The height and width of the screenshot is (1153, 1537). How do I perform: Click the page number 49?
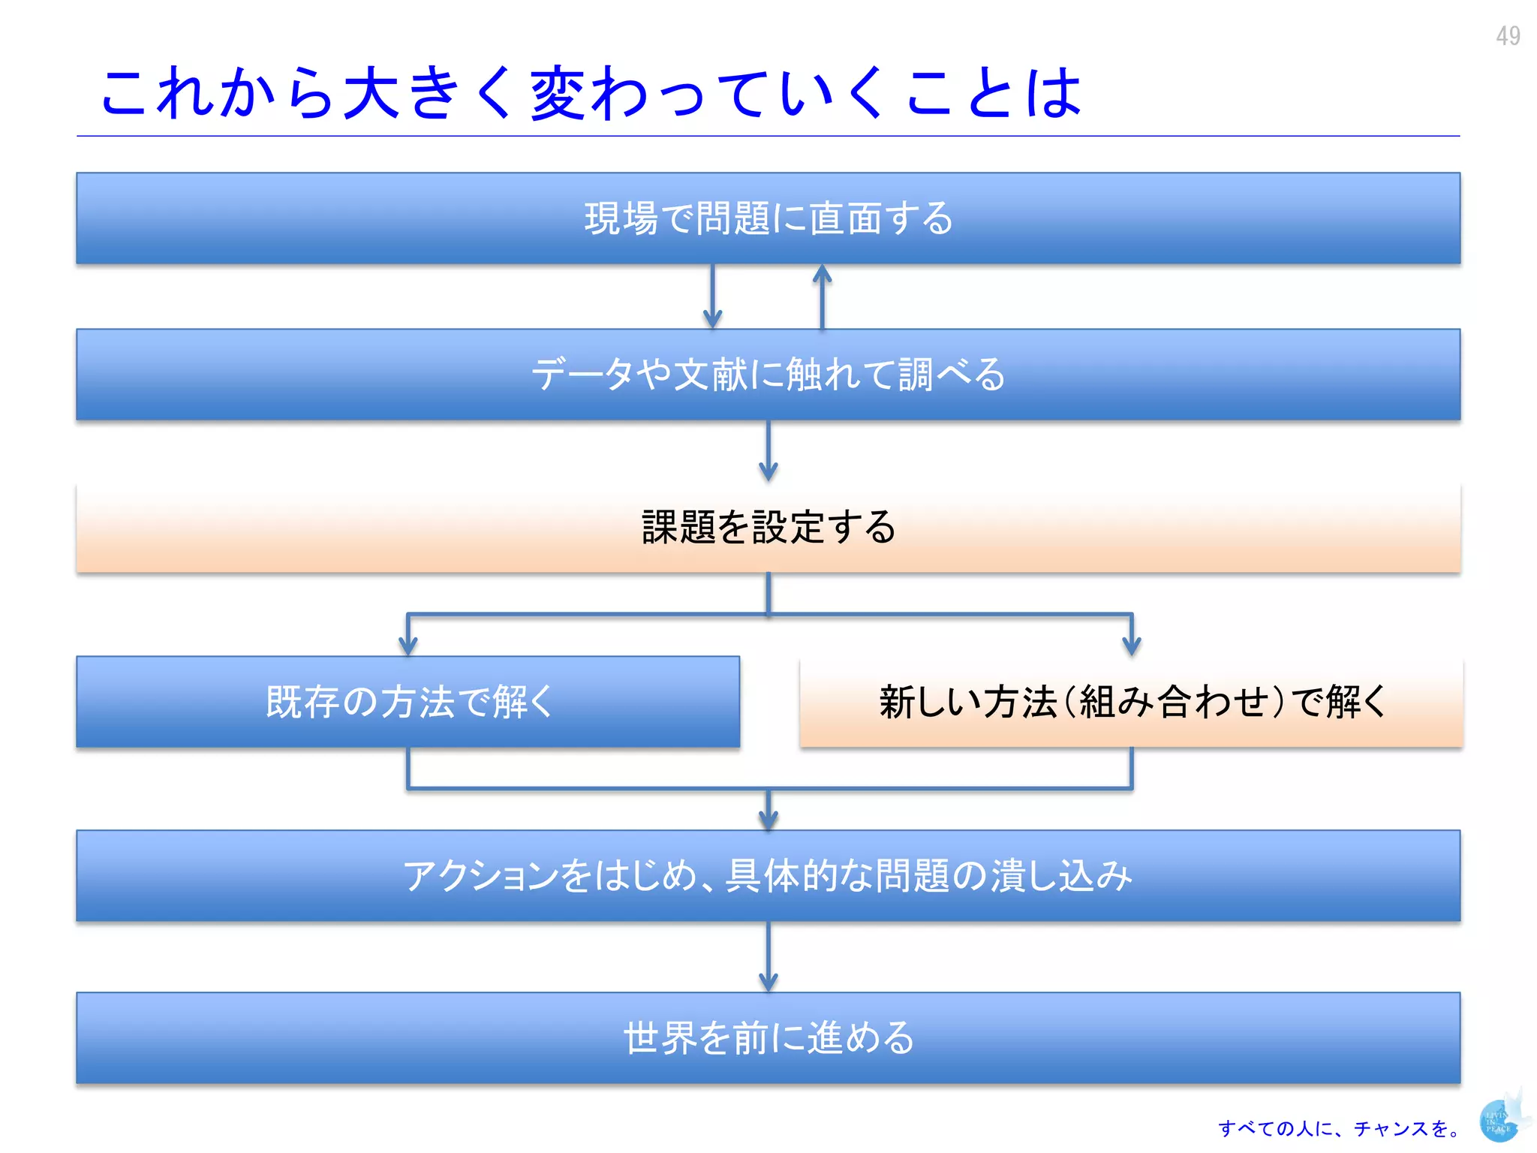click(x=1507, y=35)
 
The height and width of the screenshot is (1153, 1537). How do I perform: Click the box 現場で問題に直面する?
click(x=768, y=218)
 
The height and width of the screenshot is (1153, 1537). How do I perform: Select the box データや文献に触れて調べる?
click(x=768, y=374)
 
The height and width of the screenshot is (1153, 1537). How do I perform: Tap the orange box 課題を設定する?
click(x=768, y=527)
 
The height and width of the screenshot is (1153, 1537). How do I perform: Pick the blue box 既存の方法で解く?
click(x=408, y=702)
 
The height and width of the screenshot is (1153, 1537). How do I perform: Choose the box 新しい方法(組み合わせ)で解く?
click(x=1131, y=702)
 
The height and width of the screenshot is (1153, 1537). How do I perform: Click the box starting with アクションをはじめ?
click(x=768, y=875)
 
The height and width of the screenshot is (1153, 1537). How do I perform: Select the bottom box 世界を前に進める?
click(x=768, y=1037)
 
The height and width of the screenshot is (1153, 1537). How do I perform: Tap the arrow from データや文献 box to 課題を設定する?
click(x=768, y=450)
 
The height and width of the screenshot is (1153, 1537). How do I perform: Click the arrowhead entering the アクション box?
click(x=768, y=818)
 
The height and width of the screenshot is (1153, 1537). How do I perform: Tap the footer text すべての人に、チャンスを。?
click(x=1340, y=1128)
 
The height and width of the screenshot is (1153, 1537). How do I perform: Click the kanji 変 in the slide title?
click(x=558, y=93)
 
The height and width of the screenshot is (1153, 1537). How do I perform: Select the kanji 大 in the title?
click(x=370, y=93)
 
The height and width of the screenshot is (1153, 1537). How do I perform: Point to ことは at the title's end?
click(x=993, y=93)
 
